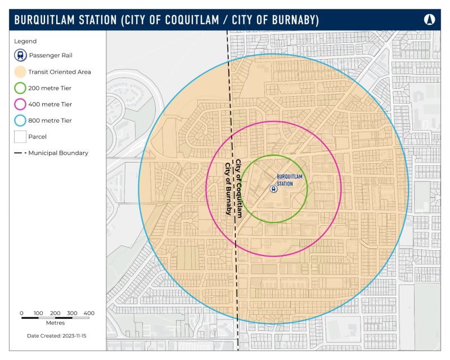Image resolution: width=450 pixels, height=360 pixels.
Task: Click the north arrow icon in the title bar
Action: coord(430,20)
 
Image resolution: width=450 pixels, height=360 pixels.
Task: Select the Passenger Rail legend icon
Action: coord(20,56)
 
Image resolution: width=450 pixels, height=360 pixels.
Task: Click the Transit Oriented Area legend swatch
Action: coord(20,72)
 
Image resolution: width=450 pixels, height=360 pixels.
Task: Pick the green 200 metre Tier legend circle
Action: coord(20,88)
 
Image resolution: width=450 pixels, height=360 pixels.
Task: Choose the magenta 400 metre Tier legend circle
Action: coord(20,104)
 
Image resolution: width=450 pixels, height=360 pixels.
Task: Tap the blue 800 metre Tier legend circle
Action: coord(20,120)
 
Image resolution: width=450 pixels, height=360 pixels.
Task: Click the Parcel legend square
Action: coord(20,137)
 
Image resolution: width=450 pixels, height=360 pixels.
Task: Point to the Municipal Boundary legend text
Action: coord(58,153)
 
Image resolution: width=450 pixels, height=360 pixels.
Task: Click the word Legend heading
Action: coord(26,41)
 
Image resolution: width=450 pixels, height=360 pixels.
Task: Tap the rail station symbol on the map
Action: coord(273,189)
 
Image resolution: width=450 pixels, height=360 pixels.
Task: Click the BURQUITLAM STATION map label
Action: coord(289,179)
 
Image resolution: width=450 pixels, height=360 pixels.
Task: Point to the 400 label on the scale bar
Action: coord(89,313)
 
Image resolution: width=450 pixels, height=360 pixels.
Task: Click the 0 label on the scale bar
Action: coord(21,313)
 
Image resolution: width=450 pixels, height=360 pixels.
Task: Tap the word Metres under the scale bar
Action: coord(55,323)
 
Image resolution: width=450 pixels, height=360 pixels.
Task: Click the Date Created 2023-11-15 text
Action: coord(55,336)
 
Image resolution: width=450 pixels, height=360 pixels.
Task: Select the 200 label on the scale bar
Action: coord(55,313)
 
